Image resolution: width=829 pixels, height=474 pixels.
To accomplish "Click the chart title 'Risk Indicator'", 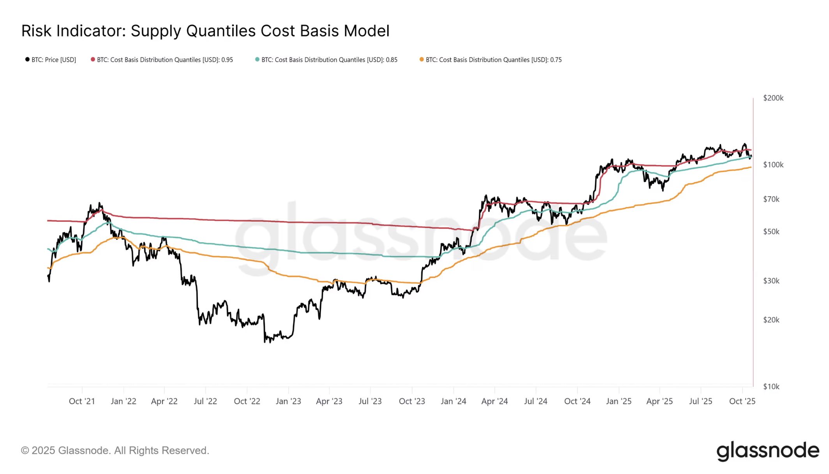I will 73,31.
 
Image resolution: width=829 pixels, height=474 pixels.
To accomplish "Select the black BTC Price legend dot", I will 27,60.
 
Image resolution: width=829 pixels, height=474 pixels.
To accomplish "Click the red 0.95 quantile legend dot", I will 93,60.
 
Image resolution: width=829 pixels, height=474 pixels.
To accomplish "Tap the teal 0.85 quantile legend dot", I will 257,60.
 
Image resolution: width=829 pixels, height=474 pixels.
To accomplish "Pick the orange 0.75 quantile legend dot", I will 422,60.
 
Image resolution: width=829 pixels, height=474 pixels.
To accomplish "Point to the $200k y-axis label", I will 773,98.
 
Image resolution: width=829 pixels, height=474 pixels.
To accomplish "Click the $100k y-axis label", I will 773,165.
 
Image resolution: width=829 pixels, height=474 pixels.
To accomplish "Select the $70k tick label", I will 771,199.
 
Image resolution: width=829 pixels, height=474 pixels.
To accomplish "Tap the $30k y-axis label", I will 771,281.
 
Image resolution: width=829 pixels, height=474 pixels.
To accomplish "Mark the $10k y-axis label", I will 771,386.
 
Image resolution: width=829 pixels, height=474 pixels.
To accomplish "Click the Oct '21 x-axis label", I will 82,401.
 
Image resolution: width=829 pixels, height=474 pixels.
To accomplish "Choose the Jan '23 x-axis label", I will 288,401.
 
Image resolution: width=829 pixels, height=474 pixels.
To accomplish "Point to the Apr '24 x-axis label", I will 494,401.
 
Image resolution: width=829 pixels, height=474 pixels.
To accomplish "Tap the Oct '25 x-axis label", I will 742,401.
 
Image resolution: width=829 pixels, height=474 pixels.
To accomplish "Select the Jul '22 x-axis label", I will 205,401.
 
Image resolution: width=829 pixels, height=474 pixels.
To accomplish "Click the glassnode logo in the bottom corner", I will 767,451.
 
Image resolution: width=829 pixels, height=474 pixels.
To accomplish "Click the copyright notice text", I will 115,451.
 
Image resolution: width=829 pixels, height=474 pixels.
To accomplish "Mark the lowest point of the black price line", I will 265,342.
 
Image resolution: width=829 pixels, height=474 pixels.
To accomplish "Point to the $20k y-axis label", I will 771,320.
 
